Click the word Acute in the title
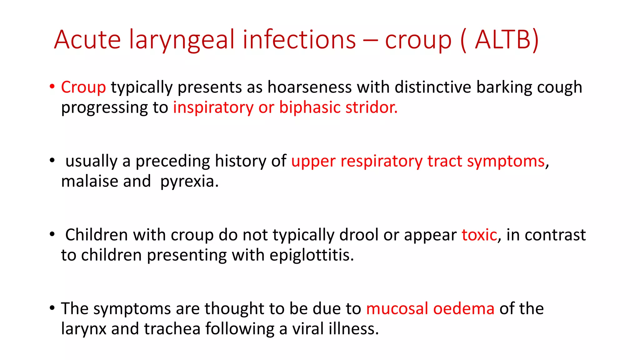point(87,40)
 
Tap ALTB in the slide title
point(506,40)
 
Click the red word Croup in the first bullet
point(83,87)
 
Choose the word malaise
point(89,181)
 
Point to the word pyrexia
point(189,182)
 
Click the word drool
point(359,235)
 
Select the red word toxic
point(479,235)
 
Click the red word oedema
point(464,309)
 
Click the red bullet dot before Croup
point(52,87)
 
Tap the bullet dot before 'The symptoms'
point(52,308)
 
